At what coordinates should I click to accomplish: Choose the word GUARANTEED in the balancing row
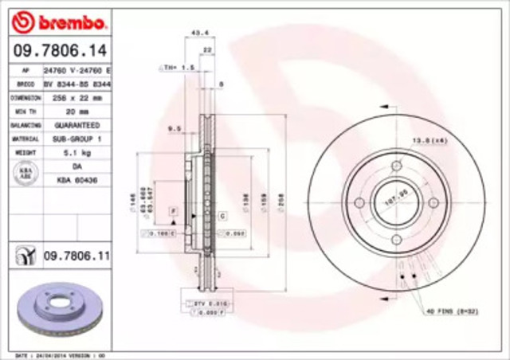[x=76, y=125]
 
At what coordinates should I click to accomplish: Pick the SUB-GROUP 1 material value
[x=76, y=138]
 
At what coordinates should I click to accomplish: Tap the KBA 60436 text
[x=76, y=180]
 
